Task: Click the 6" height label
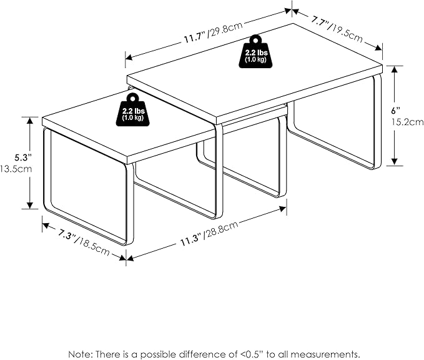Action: (x=396, y=111)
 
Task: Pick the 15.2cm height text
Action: (x=408, y=122)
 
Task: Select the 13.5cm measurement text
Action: (x=16, y=169)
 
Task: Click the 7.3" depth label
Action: (x=67, y=234)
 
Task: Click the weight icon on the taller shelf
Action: (x=256, y=51)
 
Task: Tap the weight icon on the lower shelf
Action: (x=133, y=110)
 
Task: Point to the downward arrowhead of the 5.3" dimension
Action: (x=30, y=206)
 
